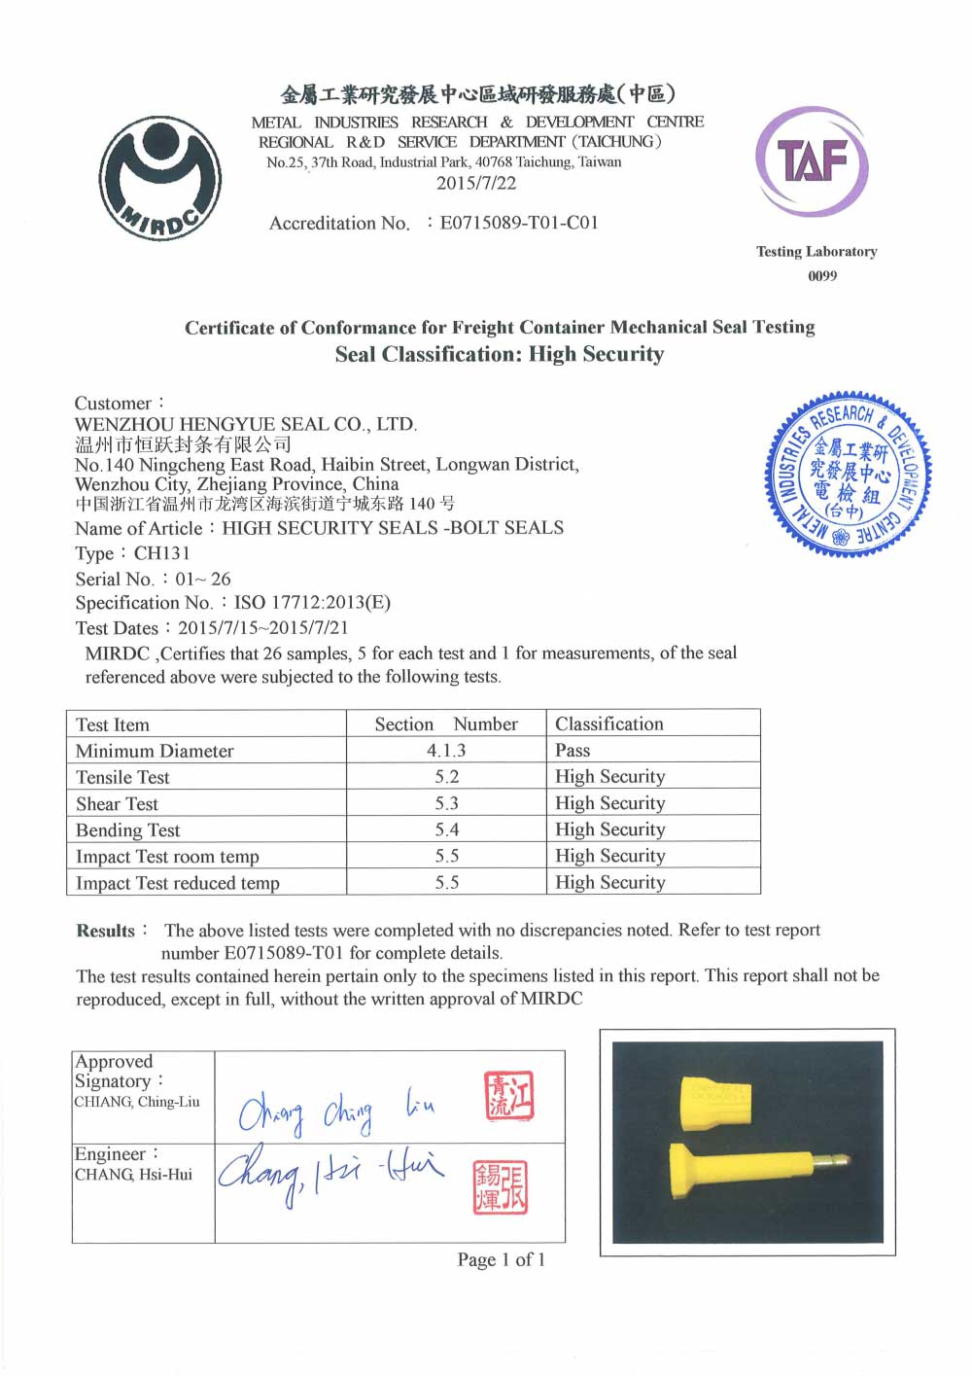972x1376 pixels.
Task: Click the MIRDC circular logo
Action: [x=160, y=178]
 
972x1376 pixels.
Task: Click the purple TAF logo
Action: [x=812, y=162]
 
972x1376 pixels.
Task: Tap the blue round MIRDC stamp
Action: [x=849, y=475]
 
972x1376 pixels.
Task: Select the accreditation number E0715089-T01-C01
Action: [x=519, y=223]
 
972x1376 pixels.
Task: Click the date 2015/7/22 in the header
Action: [x=476, y=183]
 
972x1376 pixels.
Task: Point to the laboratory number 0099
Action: [x=822, y=276]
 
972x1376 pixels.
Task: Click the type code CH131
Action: [x=162, y=553]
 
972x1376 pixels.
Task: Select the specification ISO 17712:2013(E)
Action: [x=312, y=603]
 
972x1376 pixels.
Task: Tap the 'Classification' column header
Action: [x=609, y=723]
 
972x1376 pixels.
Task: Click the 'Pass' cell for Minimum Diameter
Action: [x=573, y=750]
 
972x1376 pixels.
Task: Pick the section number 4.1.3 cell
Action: [x=446, y=750]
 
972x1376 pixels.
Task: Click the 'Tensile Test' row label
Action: [x=122, y=777]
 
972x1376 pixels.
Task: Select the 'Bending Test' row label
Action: [x=128, y=829]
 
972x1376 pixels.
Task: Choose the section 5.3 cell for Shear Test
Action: [x=447, y=803]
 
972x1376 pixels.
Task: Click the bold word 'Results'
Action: [x=106, y=931]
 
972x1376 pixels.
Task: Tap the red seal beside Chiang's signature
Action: [x=509, y=1096]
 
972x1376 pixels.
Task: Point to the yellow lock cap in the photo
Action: [x=716, y=1103]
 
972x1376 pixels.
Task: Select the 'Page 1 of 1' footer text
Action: [x=502, y=1260]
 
